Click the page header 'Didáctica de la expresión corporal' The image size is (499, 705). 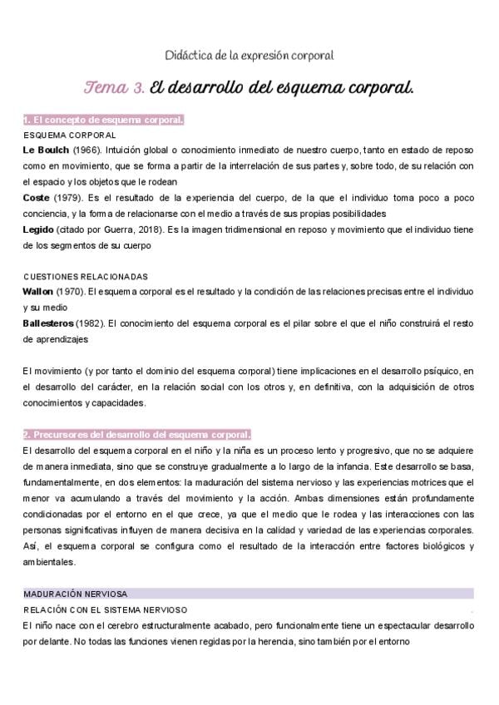pyautogui.click(x=249, y=56)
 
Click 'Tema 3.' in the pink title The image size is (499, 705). pyautogui.click(x=115, y=87)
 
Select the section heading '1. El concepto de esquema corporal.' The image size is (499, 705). pyautogui.click(x=103, y=121)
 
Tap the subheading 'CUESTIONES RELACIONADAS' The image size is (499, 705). pyautogui.click(x=86, y=276)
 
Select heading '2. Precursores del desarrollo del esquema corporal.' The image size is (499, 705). pyautogui.click(x=136, y=435)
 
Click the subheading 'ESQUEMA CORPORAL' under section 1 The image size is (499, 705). pyautogui.click(x=70, y=135)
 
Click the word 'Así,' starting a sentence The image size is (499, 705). pyautogui.click(x=33, y=546)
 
